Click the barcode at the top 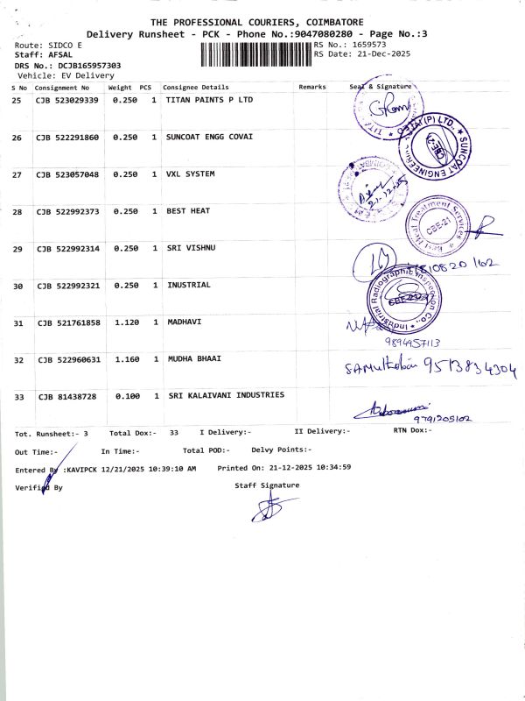click(256, 54)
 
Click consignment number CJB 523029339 click(67, 101)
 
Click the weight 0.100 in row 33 click(126, 396)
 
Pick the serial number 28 click(17, 212)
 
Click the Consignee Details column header click(196, 88)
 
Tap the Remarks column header click(311, 88)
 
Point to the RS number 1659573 click(368, 44)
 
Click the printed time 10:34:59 click(333, 468)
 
